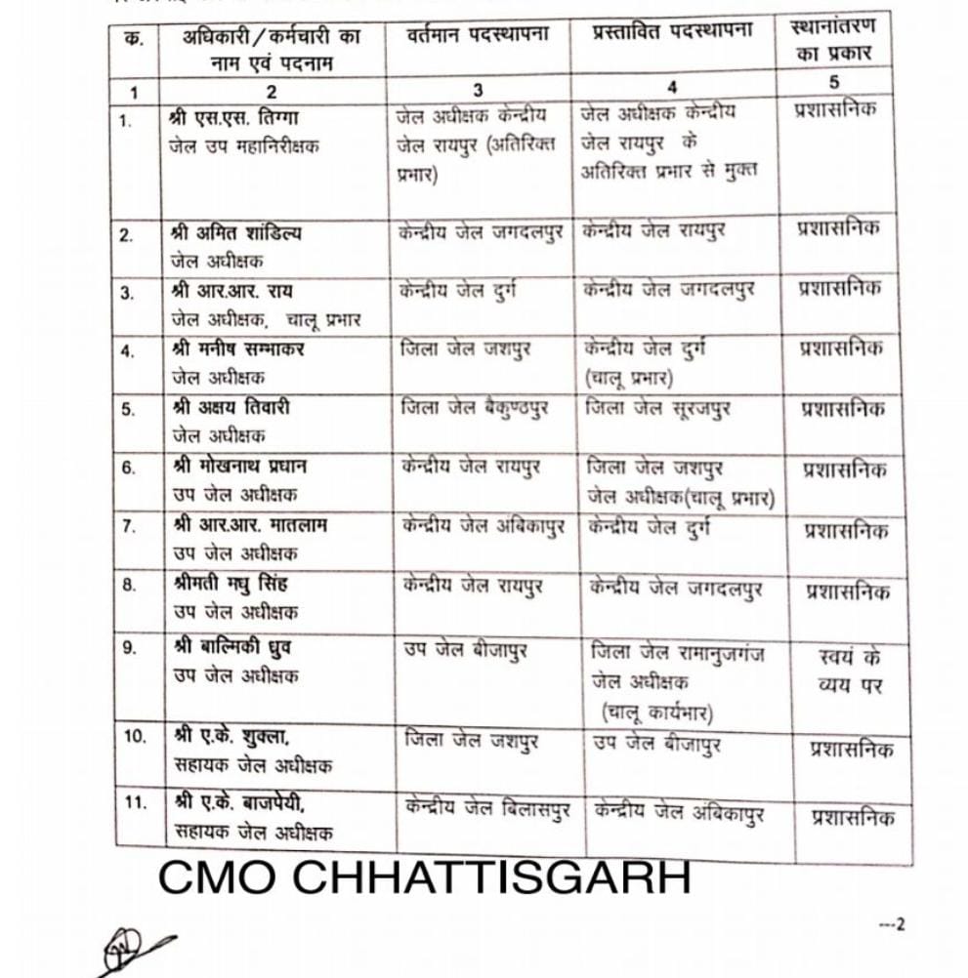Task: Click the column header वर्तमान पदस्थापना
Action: (x=478, y=36)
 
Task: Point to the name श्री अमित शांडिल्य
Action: (x=236, y=234)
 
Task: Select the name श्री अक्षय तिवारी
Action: (x=231, y=408)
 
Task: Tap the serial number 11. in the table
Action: (x=137, y=803)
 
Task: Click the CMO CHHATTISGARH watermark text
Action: (x=424, y=876)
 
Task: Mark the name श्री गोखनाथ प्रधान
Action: (x=239, y=468)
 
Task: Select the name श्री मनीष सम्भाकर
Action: (x=237, y=348)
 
